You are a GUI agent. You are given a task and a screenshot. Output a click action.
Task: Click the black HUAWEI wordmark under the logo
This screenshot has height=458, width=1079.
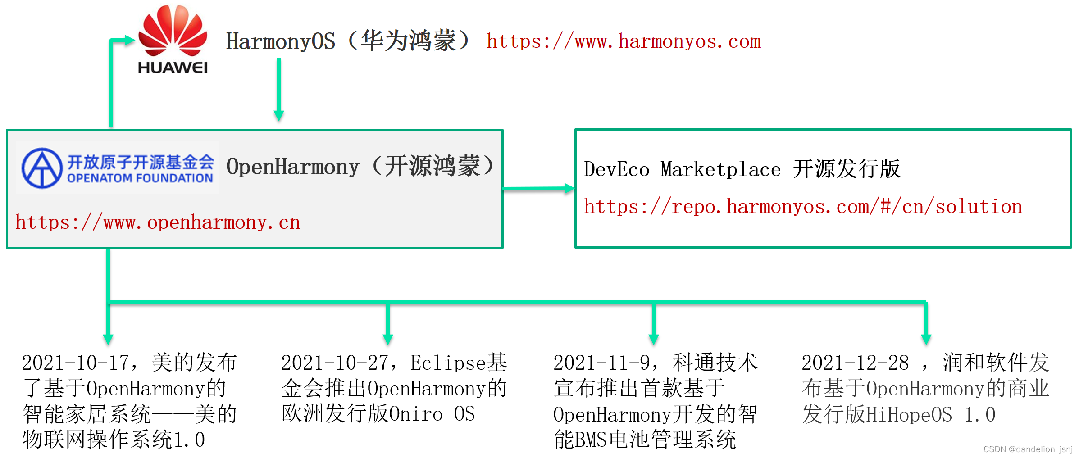(173, 68)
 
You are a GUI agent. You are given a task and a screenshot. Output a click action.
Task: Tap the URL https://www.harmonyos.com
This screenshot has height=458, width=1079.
(624, 41)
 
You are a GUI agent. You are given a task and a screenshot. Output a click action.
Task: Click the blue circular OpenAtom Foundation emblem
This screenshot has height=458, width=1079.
(42, 168)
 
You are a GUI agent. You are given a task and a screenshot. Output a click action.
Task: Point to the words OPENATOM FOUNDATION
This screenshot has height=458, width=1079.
(140, 178)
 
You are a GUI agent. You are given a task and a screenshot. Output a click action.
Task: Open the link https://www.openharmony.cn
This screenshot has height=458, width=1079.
(158, 222)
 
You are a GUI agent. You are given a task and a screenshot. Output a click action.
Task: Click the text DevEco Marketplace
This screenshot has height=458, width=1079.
(682, 170)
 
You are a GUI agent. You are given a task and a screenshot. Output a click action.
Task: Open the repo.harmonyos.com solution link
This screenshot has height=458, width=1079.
(803, 207)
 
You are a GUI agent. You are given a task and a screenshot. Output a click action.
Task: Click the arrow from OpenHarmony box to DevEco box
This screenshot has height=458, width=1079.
(538, 189)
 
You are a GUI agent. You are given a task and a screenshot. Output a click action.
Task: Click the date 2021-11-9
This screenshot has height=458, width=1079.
(601, 363)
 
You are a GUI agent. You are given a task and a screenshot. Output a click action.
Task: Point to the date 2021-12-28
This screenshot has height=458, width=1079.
(855, 363)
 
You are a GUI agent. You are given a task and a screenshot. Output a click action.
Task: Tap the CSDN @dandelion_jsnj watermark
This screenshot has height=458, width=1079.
(1028, 449)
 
